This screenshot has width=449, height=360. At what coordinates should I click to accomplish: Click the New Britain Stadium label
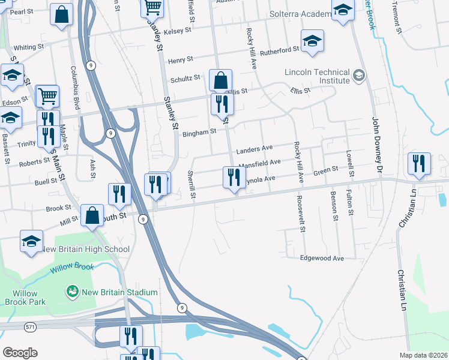click(x=119, y=292)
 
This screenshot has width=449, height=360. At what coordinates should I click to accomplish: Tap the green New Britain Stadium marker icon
click(x=73, y=292)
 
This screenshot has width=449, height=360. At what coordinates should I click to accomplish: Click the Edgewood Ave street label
click(x=322, y=258)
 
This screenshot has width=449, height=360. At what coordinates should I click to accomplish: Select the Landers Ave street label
click(x=255, y=149)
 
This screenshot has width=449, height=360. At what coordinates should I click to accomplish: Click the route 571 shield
click(x=30, y=326)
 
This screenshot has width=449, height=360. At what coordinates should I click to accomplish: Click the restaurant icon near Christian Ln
click(x=418, y=163)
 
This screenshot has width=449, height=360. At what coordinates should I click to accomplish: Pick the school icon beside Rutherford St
click(x=312, y=41)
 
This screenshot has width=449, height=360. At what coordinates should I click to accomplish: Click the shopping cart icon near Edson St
click(x=47, y=95)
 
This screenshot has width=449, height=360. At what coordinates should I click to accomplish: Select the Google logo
click(x=20, y=353)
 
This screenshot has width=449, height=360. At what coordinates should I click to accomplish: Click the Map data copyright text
click(x=423, y=355)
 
